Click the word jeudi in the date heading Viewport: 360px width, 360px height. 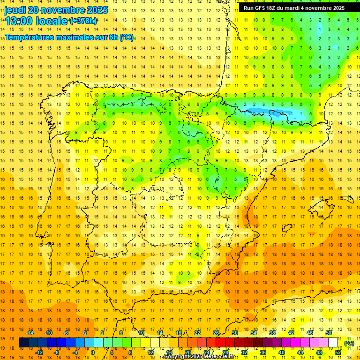[15, 10]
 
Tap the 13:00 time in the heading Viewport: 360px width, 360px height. [19, 21]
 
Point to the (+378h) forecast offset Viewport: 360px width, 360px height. [83, 21]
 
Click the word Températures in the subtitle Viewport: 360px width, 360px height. [30, 37]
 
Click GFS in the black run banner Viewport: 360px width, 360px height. [261, 8]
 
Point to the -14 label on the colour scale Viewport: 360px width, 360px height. [30, 332]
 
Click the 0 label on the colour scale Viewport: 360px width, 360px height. [93, 352]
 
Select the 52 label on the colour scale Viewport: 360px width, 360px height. [338, 352]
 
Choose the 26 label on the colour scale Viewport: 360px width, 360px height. [216, 332]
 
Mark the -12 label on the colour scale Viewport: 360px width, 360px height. [39, 352]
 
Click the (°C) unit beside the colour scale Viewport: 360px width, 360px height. [349, 343]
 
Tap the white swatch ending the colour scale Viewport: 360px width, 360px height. [333, 343]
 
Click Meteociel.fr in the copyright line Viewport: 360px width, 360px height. [218, 357]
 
